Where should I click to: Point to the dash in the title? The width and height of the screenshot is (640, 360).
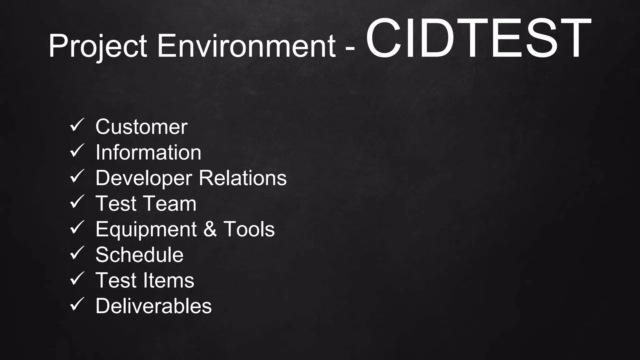click(x=351, y=49)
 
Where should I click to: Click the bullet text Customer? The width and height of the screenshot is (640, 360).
click(x=141, y=127)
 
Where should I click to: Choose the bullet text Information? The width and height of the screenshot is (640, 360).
click(x=148, y=152)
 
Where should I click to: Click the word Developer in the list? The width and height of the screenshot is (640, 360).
click(x=143, y=178)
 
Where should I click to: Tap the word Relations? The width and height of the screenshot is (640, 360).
click(x=242, y=178)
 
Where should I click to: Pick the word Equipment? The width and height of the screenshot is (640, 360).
click(x=146, y=229)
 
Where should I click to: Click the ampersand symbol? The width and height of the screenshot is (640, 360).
click(x=210, y=229)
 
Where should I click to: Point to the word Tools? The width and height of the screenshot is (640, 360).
click(x=249, y=229)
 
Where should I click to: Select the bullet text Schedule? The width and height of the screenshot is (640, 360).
click(x=139, y=255)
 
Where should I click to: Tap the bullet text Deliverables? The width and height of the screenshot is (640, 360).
click(x=153, y=306)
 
